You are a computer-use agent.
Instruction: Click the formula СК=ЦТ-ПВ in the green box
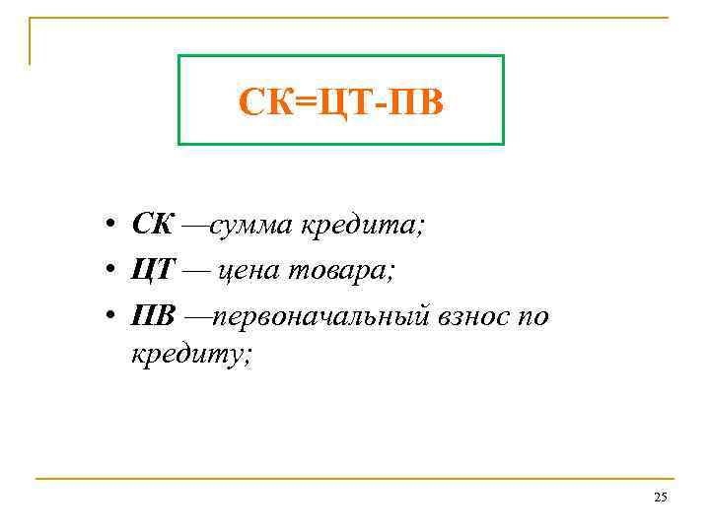coord(341,100)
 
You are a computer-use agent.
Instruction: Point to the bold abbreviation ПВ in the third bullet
coord(154,317)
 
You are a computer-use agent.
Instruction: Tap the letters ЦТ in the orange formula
coord(337,100)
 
